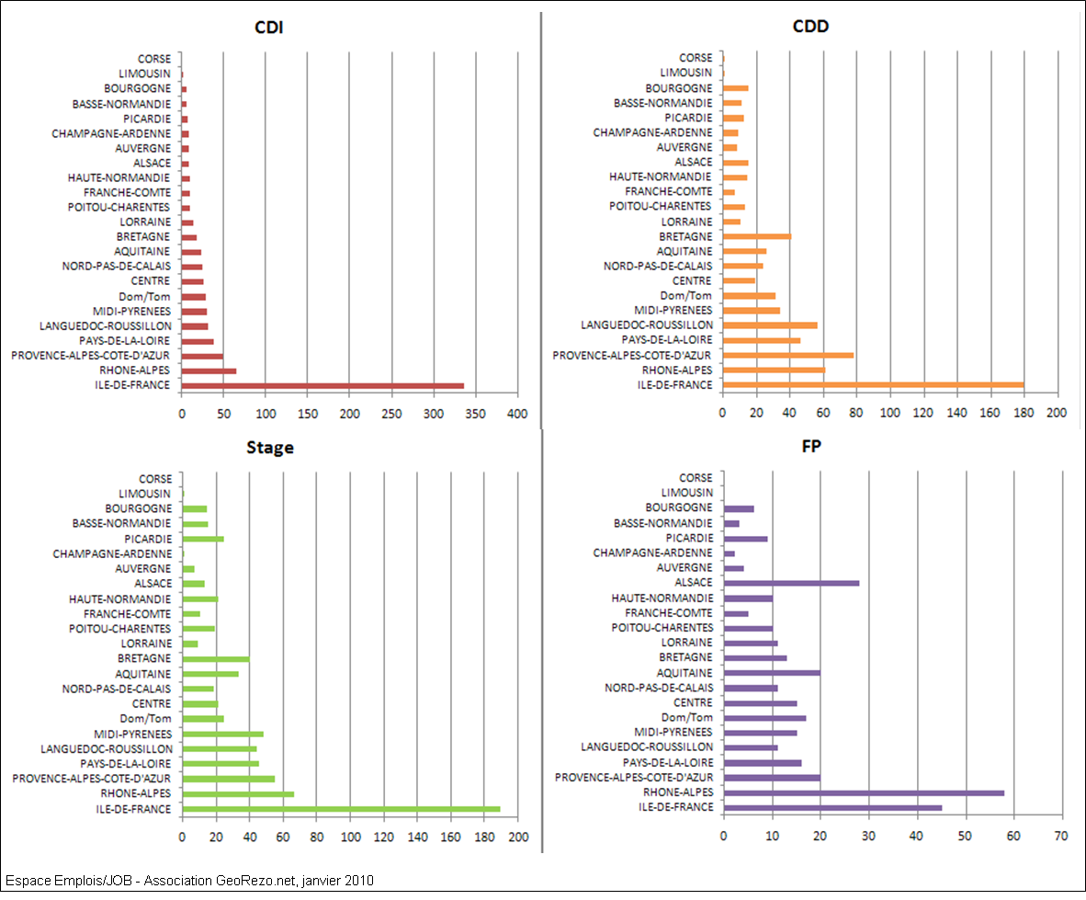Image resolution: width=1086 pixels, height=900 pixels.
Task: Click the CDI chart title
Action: [x=268, y=27]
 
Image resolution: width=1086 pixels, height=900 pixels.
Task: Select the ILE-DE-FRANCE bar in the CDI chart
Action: [x=322, y=386]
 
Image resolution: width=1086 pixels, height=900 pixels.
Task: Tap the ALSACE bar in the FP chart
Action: [x=791, y=583]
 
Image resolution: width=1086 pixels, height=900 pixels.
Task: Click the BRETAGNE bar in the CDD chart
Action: [x=756, y=236]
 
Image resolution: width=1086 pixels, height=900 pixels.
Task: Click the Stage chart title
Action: [x=269, y=448]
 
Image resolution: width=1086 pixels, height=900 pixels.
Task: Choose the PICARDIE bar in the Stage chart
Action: [x=203, y=539]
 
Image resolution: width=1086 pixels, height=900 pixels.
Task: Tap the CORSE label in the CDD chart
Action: [x=696, y=58]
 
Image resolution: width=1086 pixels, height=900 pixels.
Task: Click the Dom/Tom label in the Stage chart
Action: [x=145, y=719]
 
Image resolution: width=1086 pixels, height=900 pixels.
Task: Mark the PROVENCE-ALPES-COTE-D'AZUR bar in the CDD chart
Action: [x=787, y=355]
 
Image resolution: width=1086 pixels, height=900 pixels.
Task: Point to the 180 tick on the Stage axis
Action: [x=484, y=837]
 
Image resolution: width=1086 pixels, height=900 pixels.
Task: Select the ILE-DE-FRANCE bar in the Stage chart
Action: [x=341, y=809]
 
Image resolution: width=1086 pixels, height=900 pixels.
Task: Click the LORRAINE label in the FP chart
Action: [x=686, y=643]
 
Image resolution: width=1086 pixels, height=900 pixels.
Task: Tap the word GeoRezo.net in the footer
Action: [x=260, y=881]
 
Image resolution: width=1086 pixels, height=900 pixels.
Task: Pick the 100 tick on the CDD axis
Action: [x=889, y=415]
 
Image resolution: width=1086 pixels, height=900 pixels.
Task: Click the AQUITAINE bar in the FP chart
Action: [x=772, y=673]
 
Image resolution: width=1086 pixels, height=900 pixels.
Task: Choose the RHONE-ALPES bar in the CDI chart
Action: [x=209, y=371]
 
